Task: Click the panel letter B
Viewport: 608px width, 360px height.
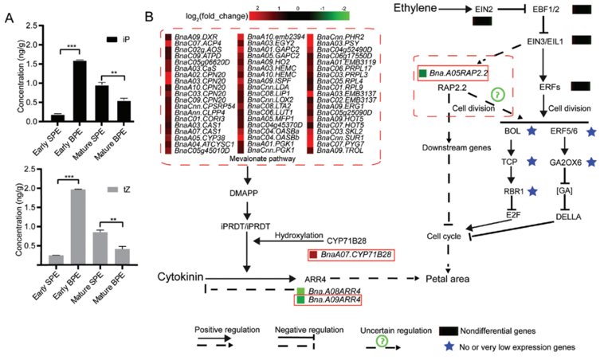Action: point(148,16)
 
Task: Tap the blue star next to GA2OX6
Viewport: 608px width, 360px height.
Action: point(591,162)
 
